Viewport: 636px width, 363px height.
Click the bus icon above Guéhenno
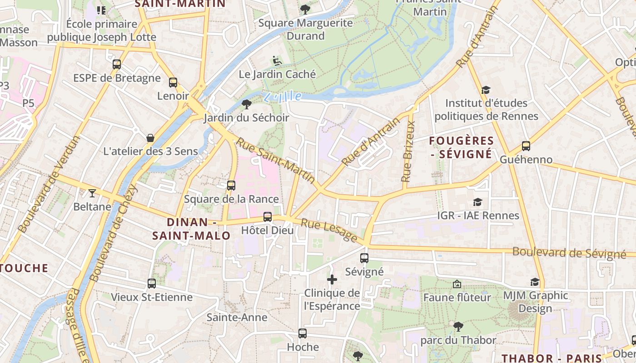pos(526,146)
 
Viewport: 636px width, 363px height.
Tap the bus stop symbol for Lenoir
pos(173,83)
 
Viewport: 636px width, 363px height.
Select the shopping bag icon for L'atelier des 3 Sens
pos(150,137)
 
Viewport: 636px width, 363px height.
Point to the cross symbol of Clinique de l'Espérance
pos(332,280)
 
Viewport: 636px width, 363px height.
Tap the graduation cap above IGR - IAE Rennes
pos(477,202)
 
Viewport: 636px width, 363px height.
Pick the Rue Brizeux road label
pos(408,152)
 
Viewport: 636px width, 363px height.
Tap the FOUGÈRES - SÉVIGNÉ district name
pos(461,147)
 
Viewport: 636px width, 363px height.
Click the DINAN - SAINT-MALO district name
pos(191,229)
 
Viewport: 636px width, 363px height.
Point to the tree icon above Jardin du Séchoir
pos(247,104)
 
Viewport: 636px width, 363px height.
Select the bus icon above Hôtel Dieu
pos(268,217)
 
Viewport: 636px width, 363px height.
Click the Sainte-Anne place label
pos(237,317)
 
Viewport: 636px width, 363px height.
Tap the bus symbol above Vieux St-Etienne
pos(152,284)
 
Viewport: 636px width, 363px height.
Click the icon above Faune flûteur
pos(457,284)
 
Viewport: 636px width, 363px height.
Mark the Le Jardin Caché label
pos(277,74)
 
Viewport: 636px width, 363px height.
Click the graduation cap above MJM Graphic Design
pos(535,282)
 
